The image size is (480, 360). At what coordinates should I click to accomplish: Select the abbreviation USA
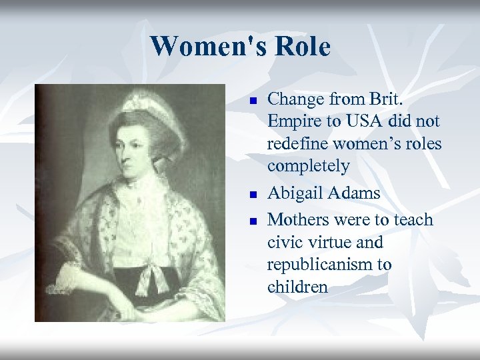click(x=359, y=123)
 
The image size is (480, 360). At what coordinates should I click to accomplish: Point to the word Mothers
click(x=297, y=219)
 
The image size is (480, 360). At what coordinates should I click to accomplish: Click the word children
click(x=297, y=287)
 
